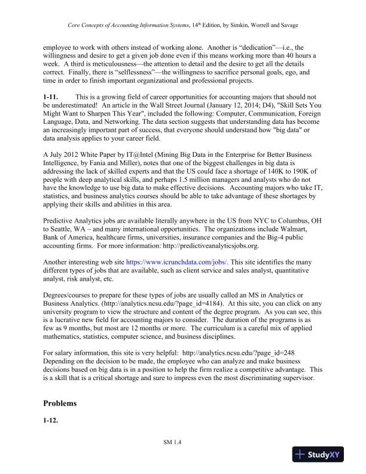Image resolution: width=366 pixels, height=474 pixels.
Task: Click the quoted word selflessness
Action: (x=150, y=69)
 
